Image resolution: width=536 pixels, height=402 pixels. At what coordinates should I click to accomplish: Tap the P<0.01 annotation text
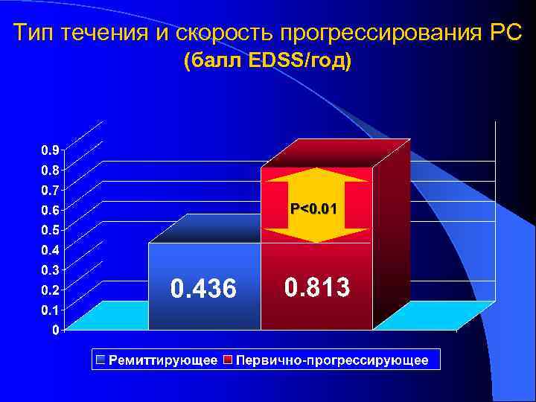[313, 210]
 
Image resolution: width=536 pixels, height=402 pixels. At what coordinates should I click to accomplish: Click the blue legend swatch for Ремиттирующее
[100, 360]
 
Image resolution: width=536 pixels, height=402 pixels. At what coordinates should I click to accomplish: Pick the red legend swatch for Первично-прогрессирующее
[229, 360]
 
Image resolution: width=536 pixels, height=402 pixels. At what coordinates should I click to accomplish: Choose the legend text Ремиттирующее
[163, 360]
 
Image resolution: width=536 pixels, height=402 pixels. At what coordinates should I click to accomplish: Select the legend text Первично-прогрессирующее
[331, 360]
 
